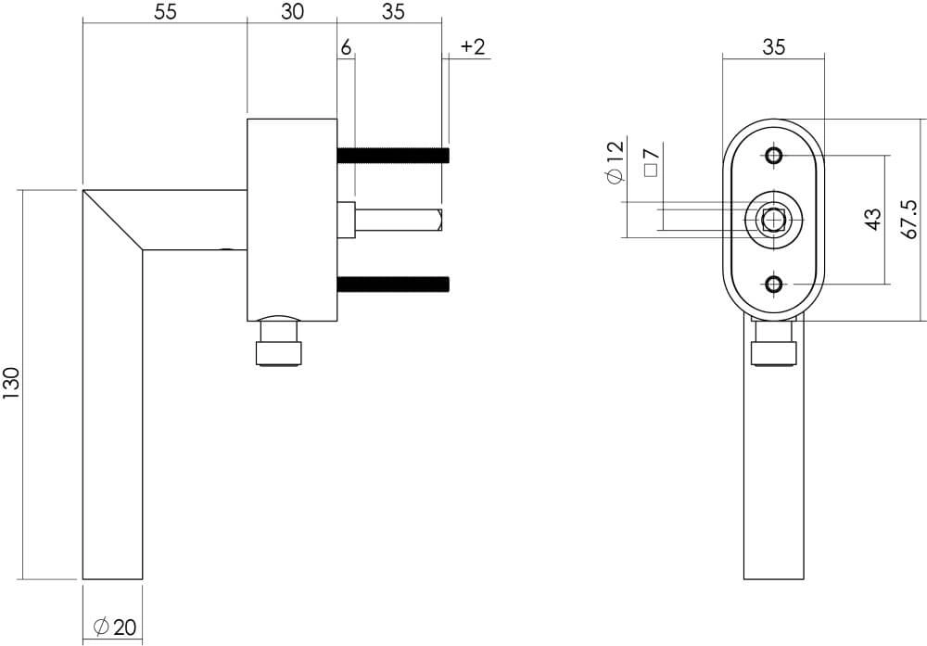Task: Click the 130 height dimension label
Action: pos(11,384)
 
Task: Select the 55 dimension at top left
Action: pos(164,12)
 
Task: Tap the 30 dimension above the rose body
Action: pos(291,12)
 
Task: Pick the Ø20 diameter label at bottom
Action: pos(115,627)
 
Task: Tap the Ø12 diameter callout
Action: pos(615,163)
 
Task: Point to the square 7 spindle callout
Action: pos(650,163)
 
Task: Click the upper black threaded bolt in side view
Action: pos(393,155)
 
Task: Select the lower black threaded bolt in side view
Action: pos(393,284)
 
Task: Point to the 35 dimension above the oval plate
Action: pos(773,46)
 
